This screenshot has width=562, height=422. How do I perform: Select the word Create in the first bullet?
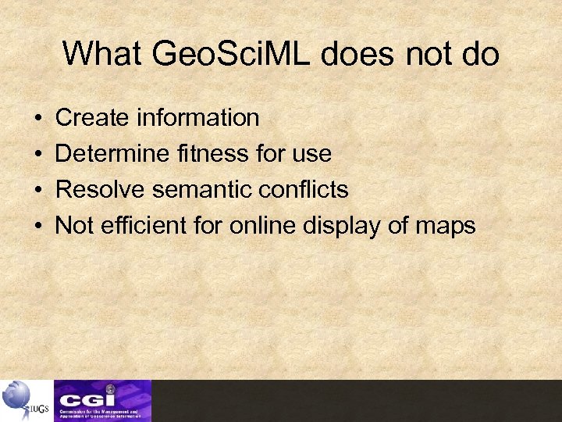(x=93, y=118)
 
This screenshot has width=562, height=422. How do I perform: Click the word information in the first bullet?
(x=197, y=118)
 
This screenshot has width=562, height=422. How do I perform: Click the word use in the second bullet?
(x=312, y=154)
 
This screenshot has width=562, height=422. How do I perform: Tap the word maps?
(x=445, y=226)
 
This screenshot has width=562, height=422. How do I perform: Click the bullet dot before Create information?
(x=38, y=119)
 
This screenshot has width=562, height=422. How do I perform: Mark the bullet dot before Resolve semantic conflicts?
(x=38, y=191)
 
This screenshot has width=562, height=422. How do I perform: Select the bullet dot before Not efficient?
(x=38, y=227)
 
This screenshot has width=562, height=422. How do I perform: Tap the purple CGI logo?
(x=102, y=400)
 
